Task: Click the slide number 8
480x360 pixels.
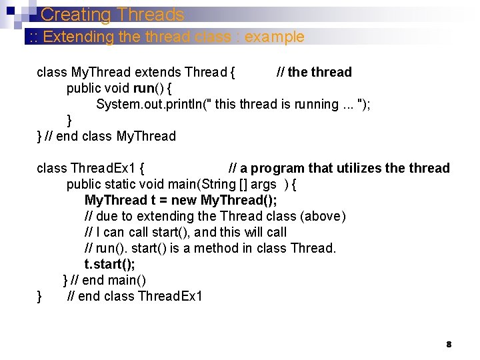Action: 449,344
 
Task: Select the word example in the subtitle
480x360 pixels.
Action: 274,37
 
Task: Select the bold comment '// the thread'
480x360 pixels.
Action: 314,72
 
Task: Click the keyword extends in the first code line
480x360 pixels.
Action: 159,72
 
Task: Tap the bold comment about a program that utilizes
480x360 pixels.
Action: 339,168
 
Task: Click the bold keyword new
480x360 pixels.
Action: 185,200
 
